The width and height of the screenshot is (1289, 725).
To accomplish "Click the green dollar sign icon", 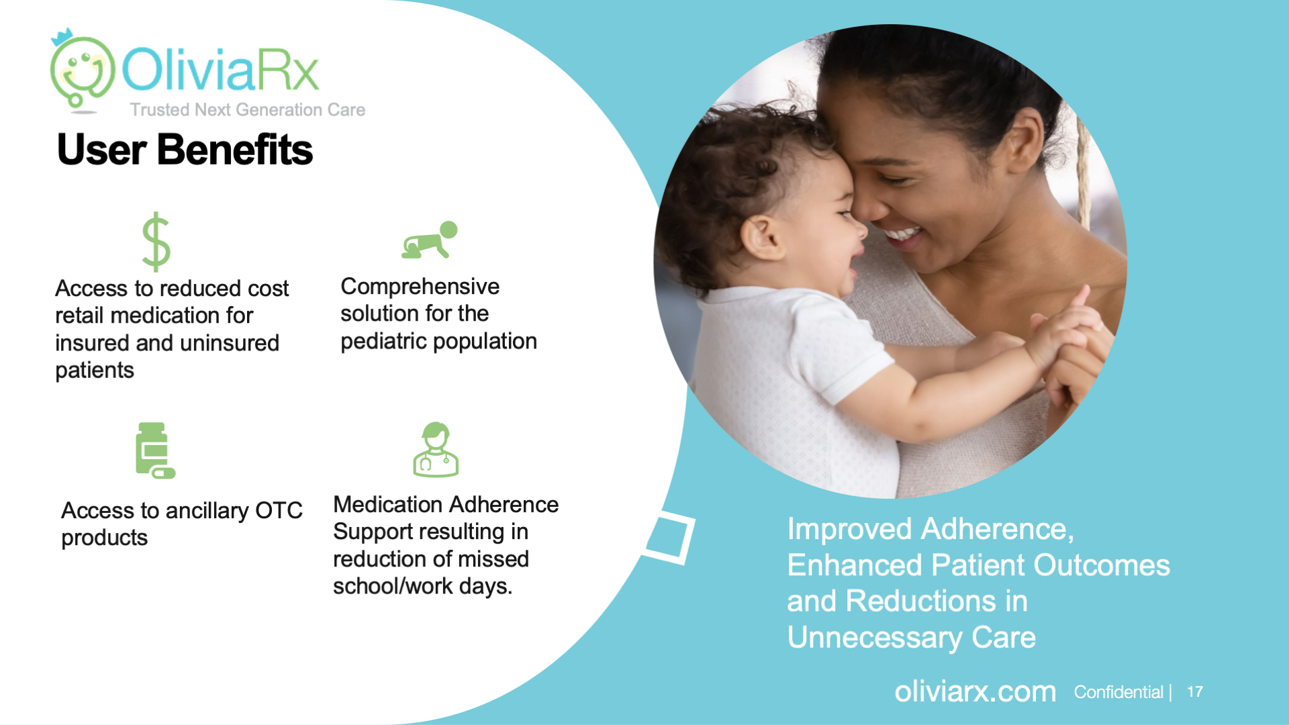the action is [156, 242].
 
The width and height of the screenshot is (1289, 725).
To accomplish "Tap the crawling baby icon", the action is [430, 240].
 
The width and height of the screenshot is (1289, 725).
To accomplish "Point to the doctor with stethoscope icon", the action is [436, 449].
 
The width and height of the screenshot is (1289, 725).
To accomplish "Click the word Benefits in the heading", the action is [235, 149].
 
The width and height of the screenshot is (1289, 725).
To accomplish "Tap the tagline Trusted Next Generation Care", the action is [248, 109].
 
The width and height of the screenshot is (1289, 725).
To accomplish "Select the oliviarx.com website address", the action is [975, 691].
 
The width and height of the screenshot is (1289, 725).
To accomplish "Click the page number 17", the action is [1195, 692].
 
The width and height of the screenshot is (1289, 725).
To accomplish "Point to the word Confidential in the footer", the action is [1118, 692].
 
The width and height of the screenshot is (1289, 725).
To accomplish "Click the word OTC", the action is [279, 510].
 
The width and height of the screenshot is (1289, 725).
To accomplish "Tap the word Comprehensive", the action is [420, 287].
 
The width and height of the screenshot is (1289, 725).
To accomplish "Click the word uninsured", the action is [230, 343].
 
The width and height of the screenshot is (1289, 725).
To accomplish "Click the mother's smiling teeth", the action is [901, 234].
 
